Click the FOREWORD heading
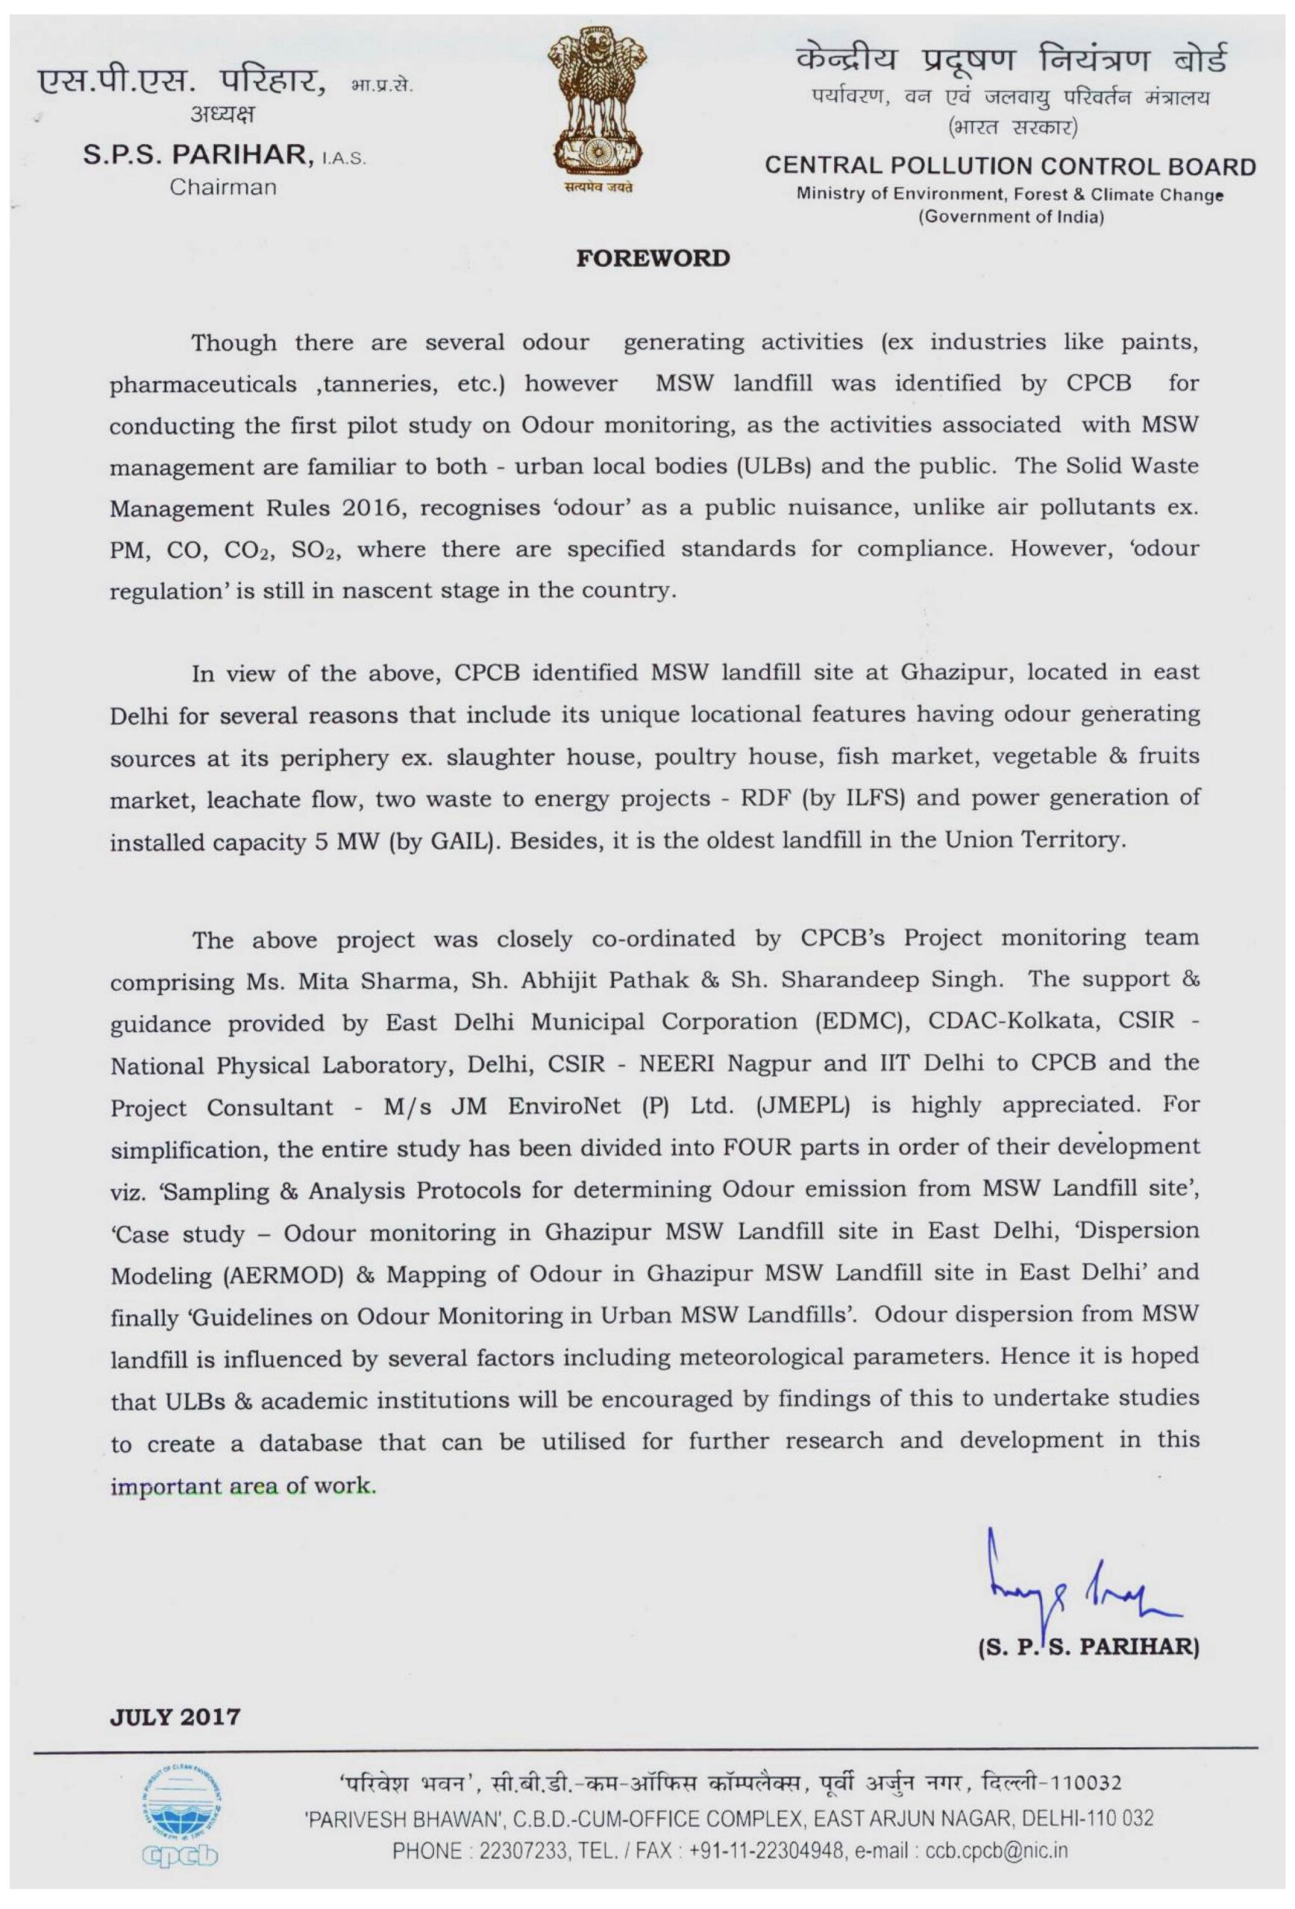click(x=652, y=259)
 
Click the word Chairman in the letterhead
click(x=223, y=187)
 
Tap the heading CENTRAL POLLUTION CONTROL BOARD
click(x=1010, y=167)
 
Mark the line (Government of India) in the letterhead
click(x=1010, y=217)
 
